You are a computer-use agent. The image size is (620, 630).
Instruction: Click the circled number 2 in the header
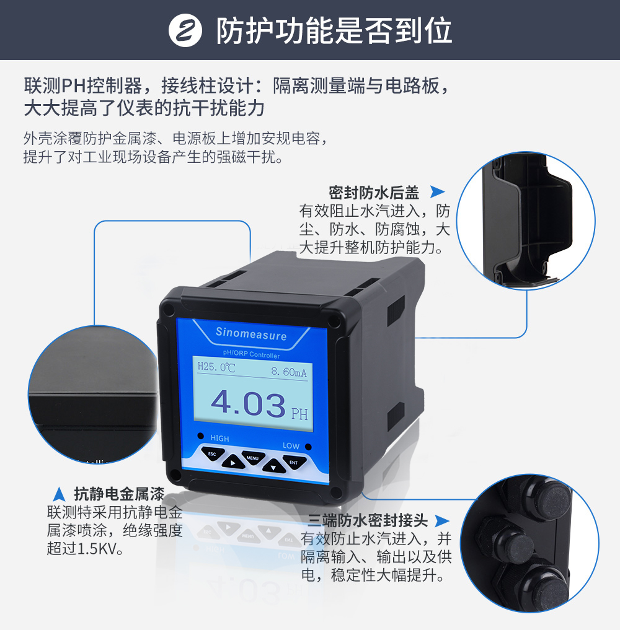click(x=185, y=30)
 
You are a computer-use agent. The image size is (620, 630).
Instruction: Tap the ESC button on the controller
click(x=212, y=453)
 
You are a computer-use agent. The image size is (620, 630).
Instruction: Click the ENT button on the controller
click(x=294, y=462)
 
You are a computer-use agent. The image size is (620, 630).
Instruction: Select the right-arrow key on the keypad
click(x=232, y=462)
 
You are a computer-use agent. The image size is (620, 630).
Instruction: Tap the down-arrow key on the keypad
click(x=274, y=466)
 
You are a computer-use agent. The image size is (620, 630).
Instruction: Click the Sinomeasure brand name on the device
click(x=251, y=333)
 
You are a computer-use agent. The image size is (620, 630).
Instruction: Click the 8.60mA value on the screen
click(x=289, y=372)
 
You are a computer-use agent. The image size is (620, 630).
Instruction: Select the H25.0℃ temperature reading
click(x=216, y=367)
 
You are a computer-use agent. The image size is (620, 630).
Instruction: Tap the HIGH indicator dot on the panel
click(x=201, y=436)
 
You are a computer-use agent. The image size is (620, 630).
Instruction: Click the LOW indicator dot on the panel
click(x=308, y=447)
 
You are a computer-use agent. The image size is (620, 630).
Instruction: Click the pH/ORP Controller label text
click(x=251, y=354)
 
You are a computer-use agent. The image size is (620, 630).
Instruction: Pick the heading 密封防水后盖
click(x=374, y=193)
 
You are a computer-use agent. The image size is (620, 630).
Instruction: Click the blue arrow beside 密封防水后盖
click(x=437, y=191)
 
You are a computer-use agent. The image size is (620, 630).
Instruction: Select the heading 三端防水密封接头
click(x=368, y=520)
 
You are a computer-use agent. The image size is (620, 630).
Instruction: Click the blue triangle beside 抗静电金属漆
click(x=60, y=494)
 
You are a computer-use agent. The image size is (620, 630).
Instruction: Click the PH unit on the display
click(x=299, y=414)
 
